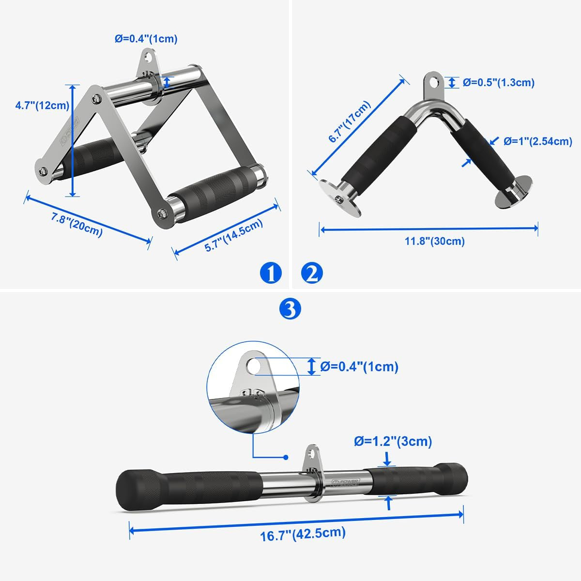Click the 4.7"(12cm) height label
click(x=42, y=105)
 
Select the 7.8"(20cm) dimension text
click(x=77, y=225)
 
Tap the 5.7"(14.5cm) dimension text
click(x=234, y=235)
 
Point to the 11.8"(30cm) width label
click(x=435, y=241)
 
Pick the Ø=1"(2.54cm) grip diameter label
click(x=537, y=141)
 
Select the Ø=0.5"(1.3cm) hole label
click(x=498, y=82)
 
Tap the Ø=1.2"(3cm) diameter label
click(x=393, y=441)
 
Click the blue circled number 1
click(x=270, y=274)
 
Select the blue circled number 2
click(x=312, y=274)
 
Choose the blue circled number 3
click(x=290, y=308)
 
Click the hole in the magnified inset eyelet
click(x=253, y=366)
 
